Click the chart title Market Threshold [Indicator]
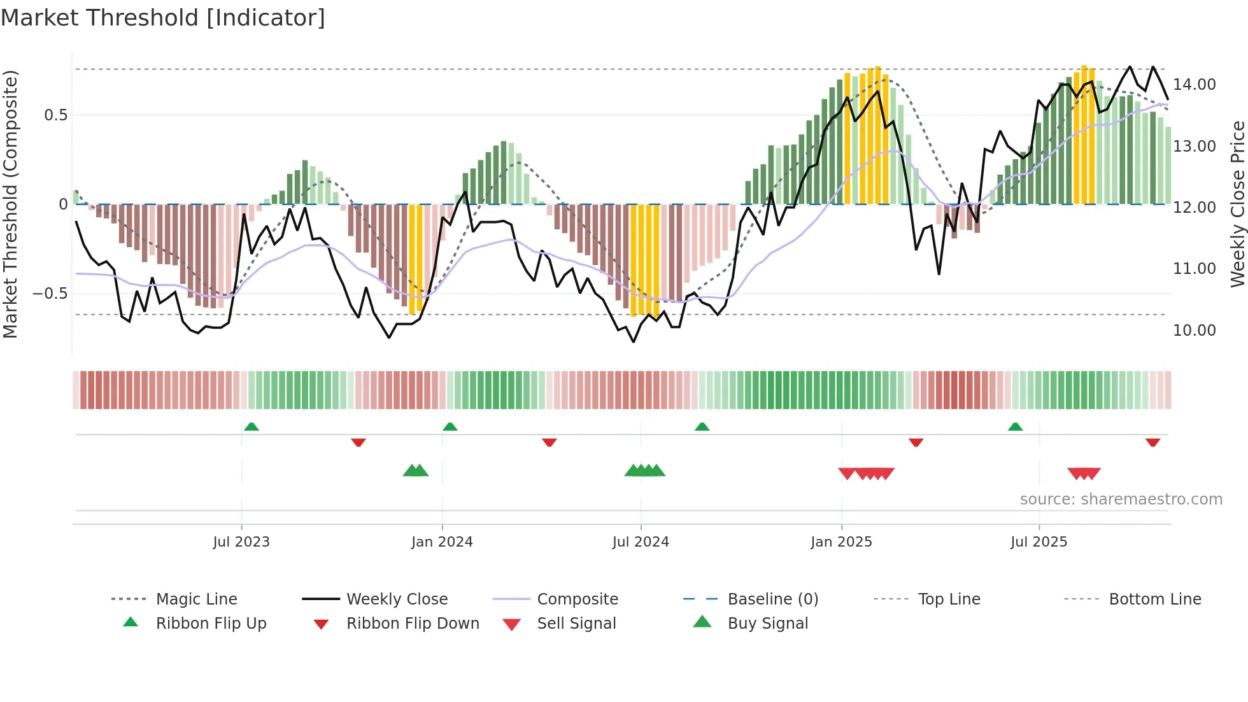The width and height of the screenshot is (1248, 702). [x=163, y=18]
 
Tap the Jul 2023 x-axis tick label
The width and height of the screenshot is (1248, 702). [x=241, y=542]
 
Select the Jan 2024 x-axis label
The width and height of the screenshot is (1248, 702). [x=442, y=542]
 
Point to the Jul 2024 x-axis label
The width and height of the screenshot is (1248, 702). [x=641, y=542]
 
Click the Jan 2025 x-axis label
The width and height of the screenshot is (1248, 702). [x=841, y=542]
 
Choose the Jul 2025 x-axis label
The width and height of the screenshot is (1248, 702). [x=1039, y=542]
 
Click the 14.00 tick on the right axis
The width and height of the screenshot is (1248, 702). [x=1194, y=85]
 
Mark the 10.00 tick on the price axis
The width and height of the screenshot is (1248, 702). [x=1194, y=331]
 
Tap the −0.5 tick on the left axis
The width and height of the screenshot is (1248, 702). [x=50, y=294]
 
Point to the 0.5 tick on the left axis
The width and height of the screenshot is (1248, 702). [x=55, y=115]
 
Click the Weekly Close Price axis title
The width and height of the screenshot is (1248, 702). [x=1237, y=204]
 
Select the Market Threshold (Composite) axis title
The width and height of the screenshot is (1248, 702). [x=10, y=204]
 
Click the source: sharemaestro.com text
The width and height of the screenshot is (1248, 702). [x=1121, y=499]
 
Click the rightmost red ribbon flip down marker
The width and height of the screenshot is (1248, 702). [x=1152, y=442]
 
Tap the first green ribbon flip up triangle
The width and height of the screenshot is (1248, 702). [x=252, y=426]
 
